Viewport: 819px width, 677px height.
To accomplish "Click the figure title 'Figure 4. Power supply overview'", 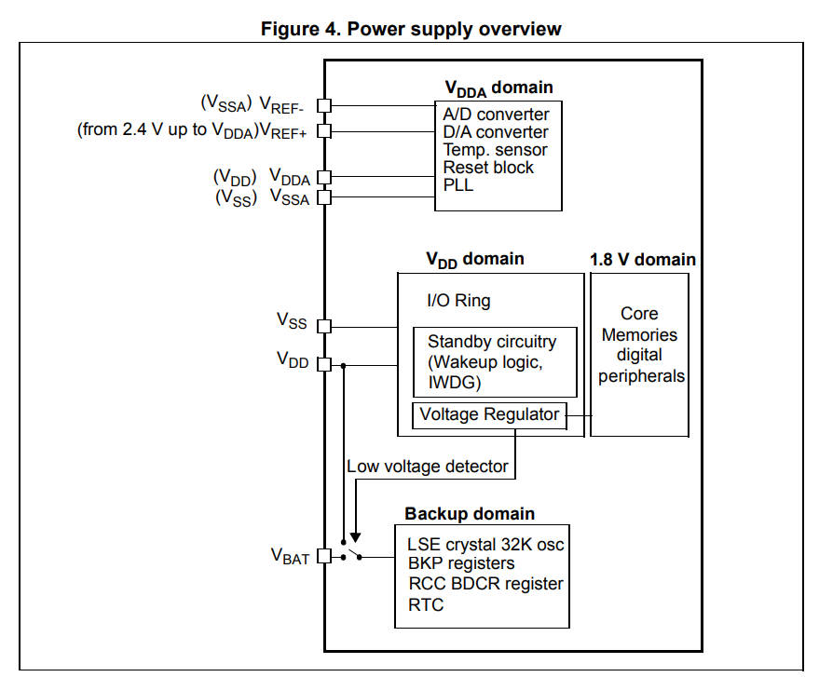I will (411, 29).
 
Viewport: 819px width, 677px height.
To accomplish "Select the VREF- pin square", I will (324, 106).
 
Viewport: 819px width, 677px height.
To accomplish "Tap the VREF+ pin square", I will (324, 130).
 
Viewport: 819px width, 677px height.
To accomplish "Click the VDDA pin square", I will (324, 178).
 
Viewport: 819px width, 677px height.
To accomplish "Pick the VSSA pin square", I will (324, 197).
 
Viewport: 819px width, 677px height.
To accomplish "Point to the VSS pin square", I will (324, 326).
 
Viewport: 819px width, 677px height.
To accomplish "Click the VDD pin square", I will (324, 364).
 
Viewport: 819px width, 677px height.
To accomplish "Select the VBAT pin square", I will (324, 557).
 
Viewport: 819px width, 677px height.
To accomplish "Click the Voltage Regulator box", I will (489, 415).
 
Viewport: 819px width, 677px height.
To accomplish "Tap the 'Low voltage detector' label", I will (428, 467).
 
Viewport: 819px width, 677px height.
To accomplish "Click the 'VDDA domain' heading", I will (498, 88).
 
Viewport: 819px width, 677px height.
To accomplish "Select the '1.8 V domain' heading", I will (643, 260).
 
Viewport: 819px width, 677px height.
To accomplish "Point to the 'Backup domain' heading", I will (470, 514).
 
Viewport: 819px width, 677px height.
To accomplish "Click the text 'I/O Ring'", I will (458, 301).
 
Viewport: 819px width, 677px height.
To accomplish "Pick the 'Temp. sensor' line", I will (495, 150).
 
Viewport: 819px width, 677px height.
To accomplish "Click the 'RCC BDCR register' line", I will (485, 584).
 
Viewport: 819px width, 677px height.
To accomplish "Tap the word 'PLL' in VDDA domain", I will (458, 185).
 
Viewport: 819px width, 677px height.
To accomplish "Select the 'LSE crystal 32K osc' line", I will (485, 545).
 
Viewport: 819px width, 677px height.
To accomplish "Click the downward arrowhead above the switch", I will (354, 536).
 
